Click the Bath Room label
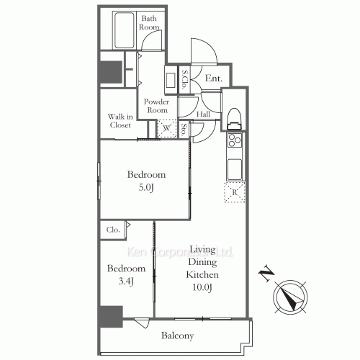click(x=150, y=22)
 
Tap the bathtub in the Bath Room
click(x=125, y=28)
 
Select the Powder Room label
click(x=157, y=106)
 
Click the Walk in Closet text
click(x=120, y=120)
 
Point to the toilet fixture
click(x=233, y=117)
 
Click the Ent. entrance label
click(x=213, y=78)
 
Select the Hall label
click(x=204, y=114)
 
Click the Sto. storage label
click(x=185, y=130)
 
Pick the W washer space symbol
click(x=167, y=128)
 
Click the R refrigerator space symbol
click(x=235, y=192)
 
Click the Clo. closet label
click(x=113, y=230)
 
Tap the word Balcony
click(x=177, y=336)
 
